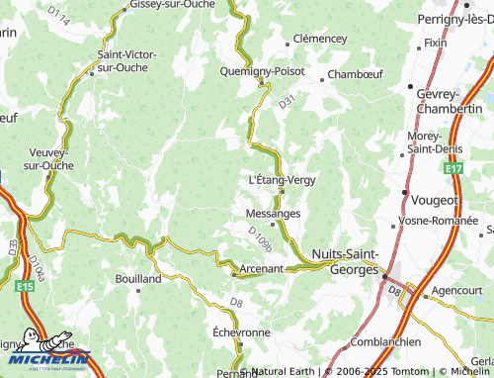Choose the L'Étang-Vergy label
(x=283, y=180)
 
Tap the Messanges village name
(x=272, y=213)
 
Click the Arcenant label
(x=262, y=268)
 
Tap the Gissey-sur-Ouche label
(x=167, y=6)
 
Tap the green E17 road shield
(x=453, y=170)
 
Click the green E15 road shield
(x=26, y=287)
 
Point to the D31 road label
(x=287, y=101)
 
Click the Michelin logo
(x=44, y=359)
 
